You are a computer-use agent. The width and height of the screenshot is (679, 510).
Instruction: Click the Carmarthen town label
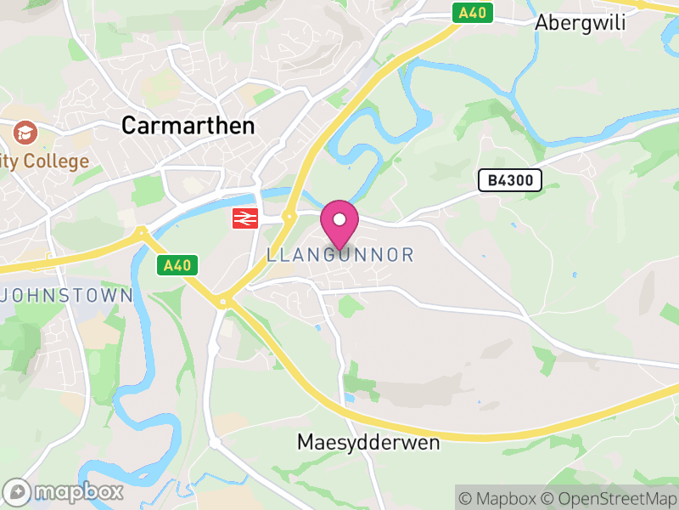tap(188, 126)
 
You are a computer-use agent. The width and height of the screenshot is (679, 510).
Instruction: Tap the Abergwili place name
tap(580, 23)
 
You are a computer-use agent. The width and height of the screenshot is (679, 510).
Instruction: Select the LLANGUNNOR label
tap(339, 255)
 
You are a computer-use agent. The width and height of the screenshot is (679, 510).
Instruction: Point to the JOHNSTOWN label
tap(69, 296)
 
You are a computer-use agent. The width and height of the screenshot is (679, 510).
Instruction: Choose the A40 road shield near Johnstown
tap(177, 265)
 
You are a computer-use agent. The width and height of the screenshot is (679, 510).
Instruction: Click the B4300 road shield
tap(509, 179)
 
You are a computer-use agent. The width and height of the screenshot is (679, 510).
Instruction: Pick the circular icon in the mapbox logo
tap(17, 492)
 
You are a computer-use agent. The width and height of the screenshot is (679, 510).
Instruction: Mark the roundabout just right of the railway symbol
tap(289, 218)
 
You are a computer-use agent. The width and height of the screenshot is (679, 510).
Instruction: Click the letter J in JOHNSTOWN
tap(9, 296)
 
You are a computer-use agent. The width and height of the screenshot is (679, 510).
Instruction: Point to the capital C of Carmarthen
tap(130, 126)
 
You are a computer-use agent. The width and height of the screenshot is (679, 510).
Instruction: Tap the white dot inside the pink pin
tap(339, 219)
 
